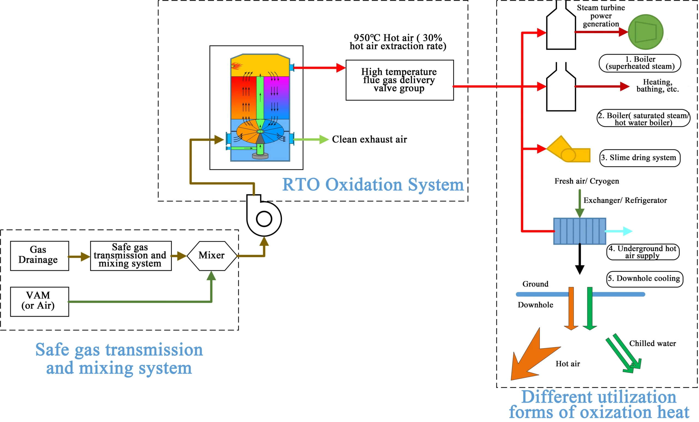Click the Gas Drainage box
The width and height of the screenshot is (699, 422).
click(39, 255)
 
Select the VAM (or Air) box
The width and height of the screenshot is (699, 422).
click(39, 301)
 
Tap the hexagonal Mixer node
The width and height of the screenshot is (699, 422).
click(212, 255)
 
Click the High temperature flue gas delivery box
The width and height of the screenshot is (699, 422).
click(399, 80)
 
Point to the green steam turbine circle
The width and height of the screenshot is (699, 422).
click(645, 32)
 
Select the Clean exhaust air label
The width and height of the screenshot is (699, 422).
click(369, 139)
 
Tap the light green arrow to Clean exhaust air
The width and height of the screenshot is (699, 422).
click(311, 139)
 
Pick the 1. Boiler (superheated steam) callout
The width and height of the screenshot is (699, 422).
click(640, 63)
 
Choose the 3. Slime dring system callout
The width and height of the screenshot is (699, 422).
click(640, 158)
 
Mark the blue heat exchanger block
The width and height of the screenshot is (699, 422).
click(580, 231)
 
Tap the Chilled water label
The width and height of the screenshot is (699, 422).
click(653, 343)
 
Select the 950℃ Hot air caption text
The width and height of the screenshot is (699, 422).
click(398, 42)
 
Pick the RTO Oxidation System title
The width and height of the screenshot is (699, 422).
click(373, 185)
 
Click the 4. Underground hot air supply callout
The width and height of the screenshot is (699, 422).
click(642, 252)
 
